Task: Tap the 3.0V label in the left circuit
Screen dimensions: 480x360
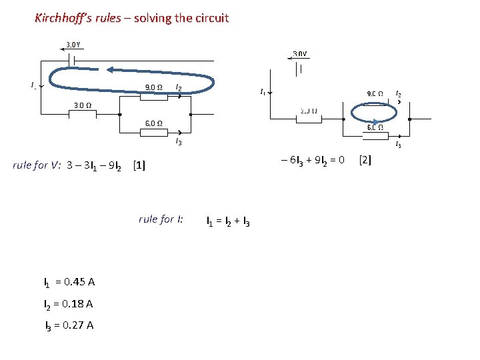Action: coord(73,45)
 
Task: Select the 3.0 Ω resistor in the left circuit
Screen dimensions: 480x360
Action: coord(83,114)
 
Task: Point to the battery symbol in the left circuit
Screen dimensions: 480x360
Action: coord(73,59)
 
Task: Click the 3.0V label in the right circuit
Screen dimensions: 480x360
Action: coord(300,53)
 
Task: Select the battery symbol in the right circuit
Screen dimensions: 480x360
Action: coord(301,67)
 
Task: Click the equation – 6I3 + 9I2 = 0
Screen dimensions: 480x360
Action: coord(313,159)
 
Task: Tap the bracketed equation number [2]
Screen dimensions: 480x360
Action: coord(365,159)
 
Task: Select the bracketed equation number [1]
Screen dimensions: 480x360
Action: coord(139,165)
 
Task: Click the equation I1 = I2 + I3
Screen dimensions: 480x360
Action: coord(229,221)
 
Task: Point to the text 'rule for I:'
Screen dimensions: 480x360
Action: coord(161,219)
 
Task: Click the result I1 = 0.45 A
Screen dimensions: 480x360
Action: coord(69,282)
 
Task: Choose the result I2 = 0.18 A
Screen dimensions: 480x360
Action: coord(68,304)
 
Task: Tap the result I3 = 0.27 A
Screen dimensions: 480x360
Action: coord(69,325)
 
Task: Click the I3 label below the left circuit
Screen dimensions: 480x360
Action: coord(179,141)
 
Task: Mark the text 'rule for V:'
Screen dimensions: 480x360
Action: coord(37,165)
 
